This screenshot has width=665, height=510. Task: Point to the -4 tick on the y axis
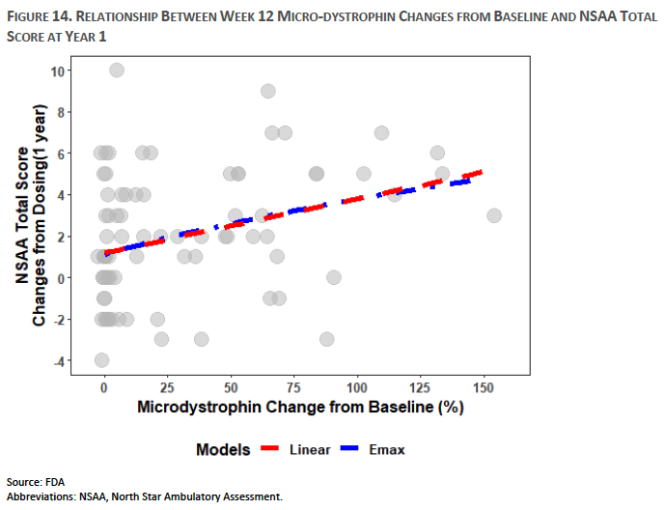(59, 361)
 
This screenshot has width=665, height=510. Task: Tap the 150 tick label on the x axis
(485, 385)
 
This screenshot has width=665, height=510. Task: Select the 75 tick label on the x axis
(293, 385)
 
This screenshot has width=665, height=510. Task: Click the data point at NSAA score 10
(117, 70)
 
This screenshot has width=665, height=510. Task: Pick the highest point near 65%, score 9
(268, 91)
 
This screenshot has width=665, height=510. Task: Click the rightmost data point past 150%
(494, 215)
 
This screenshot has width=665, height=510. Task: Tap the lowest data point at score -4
(101, 360)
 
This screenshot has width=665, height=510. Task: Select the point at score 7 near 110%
(381, 132)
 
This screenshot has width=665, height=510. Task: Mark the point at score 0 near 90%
(334, 277)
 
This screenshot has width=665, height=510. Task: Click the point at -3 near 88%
(327, 339)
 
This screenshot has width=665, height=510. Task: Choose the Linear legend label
(309, 450)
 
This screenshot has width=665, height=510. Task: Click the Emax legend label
(387, 450)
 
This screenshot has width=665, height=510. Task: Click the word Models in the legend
(223, 450)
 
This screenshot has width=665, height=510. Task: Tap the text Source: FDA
(35, 482)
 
